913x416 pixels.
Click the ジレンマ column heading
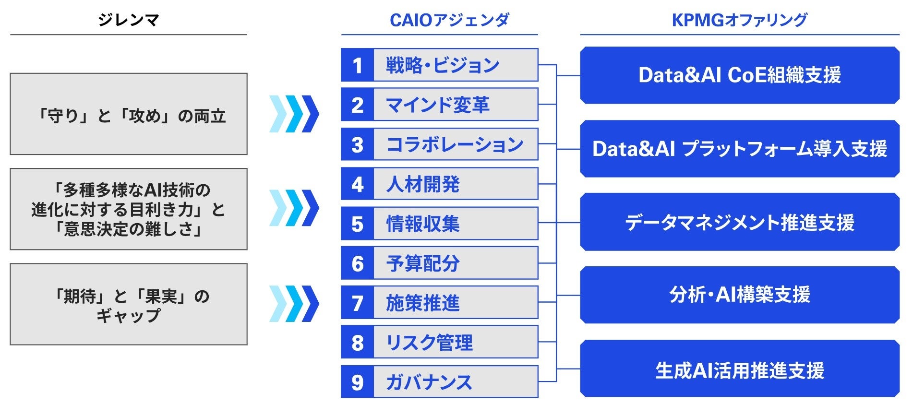(128, 20)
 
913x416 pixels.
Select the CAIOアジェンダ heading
(449, 20)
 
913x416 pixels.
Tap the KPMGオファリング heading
(739, 20)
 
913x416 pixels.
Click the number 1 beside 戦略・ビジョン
(357, 65)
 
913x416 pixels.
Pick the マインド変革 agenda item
(437, 105)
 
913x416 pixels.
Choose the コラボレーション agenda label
(455, 144)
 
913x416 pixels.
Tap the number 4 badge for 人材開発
(357, 184)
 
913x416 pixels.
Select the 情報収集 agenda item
(423, 224)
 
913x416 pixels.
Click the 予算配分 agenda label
(423, 263)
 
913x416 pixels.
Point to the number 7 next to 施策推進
(357, 303)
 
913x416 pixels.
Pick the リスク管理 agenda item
(429, 342)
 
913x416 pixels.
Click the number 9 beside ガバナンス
(357, 382)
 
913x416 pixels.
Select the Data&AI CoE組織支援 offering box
(740, 75)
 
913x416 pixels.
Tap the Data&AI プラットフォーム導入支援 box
(740, 149)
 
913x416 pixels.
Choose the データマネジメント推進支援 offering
(740, 222)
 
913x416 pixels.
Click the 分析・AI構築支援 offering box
(740, 295)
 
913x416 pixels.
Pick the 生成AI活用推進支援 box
(740, 368)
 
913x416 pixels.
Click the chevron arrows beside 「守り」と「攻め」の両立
(294, 114)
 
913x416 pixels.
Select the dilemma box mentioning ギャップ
(129, 304)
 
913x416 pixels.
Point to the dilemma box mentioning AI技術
(129, 209)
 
